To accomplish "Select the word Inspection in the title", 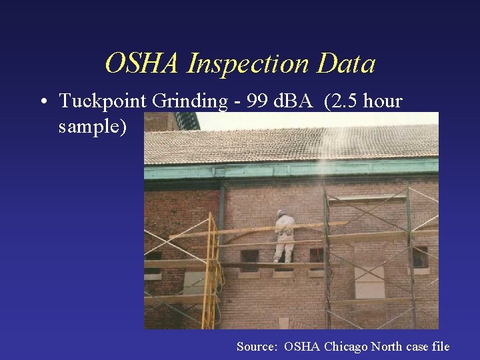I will coord(249,65).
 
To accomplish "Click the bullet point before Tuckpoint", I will coord(42,102).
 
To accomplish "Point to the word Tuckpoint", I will coord(103,101).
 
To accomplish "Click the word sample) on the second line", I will coord(93,126).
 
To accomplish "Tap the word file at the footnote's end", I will coord(441,347).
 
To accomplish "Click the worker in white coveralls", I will coord(285,237).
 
